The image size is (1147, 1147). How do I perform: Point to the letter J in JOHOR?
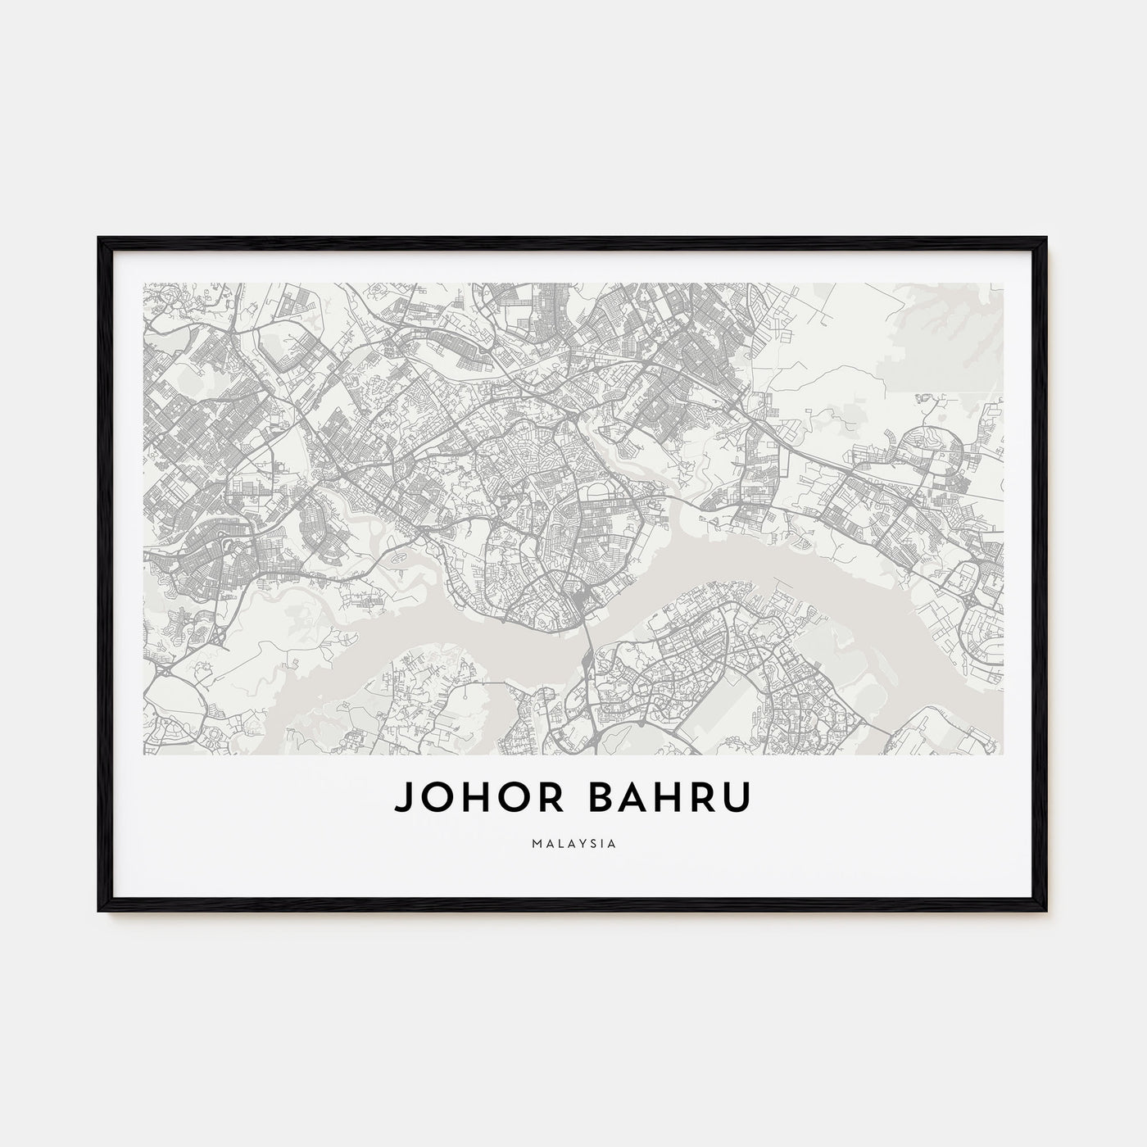point(403,800)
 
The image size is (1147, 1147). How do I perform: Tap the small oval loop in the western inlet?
point(399,557)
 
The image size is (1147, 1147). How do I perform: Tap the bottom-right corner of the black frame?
point(1046,911)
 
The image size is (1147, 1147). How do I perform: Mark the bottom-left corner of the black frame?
point(100,911)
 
